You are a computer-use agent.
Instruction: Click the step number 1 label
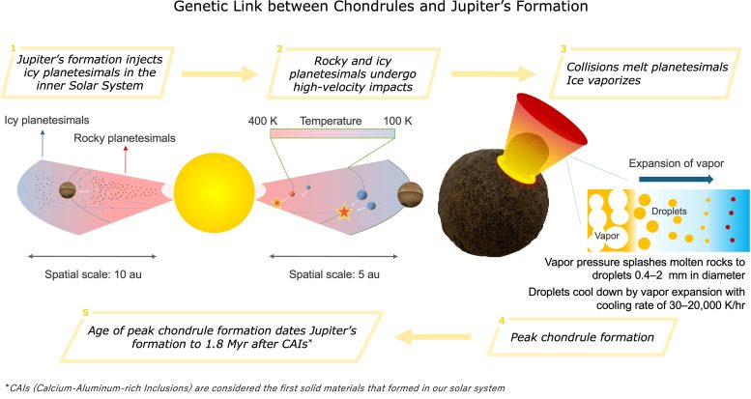[x=14, y=45]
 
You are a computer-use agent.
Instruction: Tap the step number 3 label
[x=563, y=45]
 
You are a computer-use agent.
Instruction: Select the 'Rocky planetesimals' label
[x=125, y=138]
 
